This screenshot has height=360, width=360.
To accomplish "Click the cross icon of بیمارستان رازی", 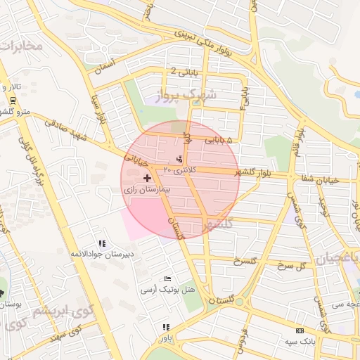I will tap(146, 179).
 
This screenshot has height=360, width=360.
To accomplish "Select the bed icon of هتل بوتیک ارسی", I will tap(167, 279).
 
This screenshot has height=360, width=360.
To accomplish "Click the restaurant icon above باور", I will tap(166, 327).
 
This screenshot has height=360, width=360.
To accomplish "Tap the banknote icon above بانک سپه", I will tap(300, 330).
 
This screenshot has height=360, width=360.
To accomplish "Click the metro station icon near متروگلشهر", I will tap(13, 100).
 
